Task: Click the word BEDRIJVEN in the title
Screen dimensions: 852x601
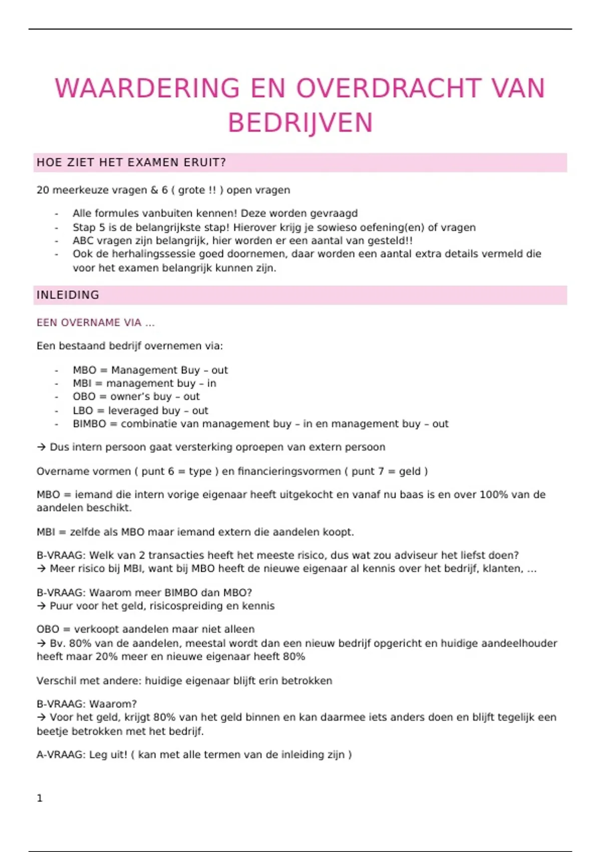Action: pyautogui.click(x=300, y=123)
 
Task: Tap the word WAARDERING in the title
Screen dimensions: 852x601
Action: pyautogui.click(x=147, y=88)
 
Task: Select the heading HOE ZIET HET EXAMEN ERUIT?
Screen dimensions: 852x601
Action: pyautogui.click(x=131, y=162)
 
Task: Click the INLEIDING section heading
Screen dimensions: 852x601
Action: pyautogui.click(x=68, y=295)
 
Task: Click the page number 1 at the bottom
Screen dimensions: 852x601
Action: pyautogui.click(x=40, y=798)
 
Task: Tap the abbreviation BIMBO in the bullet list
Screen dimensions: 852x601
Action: pyautogui.click(x=89, y=423)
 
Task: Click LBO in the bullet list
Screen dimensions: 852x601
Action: pyautogui.click(x=83, y=410)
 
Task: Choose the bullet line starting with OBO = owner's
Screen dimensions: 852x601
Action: pyautogui.click(x=136, y=396)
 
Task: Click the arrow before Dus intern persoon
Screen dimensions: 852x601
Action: pyautogui.click(x=41, y=447)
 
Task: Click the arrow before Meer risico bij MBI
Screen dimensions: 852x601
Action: pyautogui.click(x=41, y=568)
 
